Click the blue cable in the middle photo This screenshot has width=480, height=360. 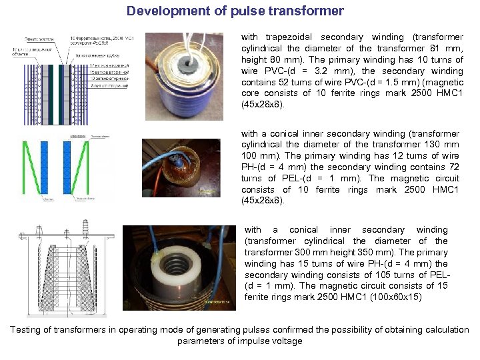(x=175, y=149)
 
